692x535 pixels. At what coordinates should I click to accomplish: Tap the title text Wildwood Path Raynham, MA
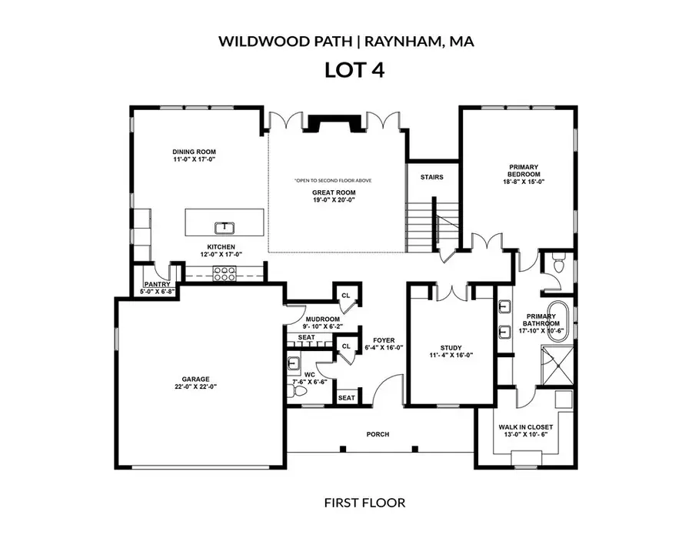(345, 40)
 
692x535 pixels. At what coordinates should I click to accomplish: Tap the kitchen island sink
(224, 226)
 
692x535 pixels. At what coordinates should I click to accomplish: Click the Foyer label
(384, 340)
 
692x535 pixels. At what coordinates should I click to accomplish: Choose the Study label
(451, 348)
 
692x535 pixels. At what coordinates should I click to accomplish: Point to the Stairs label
(431, 177)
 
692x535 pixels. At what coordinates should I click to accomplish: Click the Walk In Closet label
(525, 426)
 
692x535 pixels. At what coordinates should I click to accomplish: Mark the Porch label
(378, 434)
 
